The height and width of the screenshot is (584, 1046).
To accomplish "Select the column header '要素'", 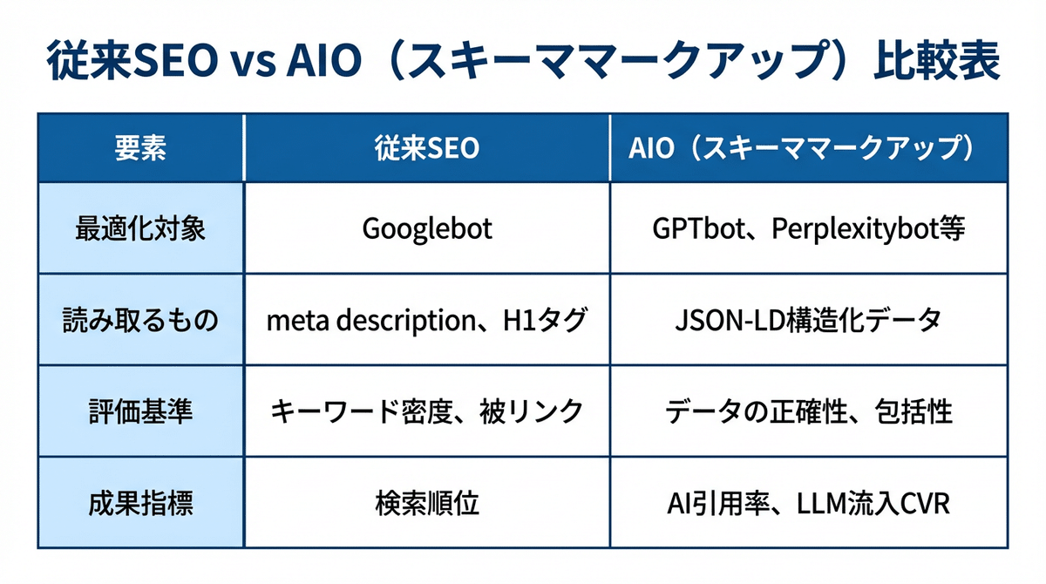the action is [x=140, y=148].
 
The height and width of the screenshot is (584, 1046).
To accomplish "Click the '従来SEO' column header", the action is [x=427, y=148].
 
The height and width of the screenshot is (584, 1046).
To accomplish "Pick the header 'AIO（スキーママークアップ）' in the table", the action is [x=801, y=148].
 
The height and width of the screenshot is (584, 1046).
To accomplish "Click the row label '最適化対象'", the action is [x=140, y=228].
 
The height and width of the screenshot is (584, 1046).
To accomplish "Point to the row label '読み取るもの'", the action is [x=140, y=320].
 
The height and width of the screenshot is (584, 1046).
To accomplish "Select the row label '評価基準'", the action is [x=140, y=411].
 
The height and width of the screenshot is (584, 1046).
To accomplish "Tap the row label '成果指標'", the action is [x=140, y=503].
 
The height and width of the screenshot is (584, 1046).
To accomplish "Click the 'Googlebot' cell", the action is [x=427, y=229].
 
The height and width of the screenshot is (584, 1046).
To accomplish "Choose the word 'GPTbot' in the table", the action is [x=698, y=228].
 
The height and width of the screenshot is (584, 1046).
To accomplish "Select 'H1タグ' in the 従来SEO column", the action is [x=545, y=320].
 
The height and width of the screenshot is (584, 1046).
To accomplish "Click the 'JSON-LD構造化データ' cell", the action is [x=808, y=320].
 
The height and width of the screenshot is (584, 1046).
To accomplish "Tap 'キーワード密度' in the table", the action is [x=362, y=411].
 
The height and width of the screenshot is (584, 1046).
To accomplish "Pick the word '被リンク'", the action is [x=531, y=411].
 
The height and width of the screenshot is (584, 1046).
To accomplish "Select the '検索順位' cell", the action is [x=427, y=503].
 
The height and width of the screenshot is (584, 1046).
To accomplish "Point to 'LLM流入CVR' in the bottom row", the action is [x=873, y=503].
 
